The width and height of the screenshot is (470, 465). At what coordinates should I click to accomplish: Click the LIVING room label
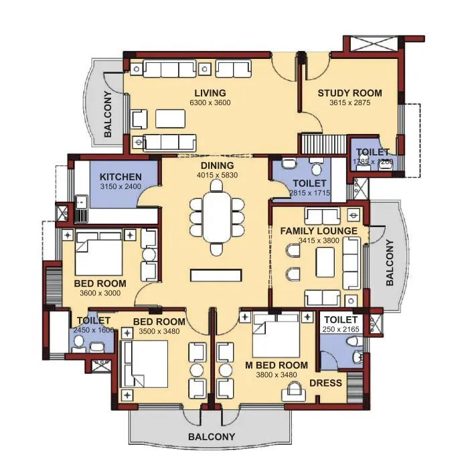coord(210,92)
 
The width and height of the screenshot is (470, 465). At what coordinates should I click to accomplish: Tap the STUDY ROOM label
coord(349,93)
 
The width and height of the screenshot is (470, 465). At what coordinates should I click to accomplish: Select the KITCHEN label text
coord(121,176)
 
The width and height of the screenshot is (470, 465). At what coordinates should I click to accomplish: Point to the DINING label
coord(216,165)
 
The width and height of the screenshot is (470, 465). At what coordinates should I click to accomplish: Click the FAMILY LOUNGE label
coord(319,231)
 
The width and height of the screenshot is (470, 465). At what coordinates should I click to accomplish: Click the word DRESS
coord(325,383)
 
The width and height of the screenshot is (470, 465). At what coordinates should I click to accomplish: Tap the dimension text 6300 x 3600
coord(210,103)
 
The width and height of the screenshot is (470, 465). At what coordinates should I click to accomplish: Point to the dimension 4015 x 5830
coord(216,175)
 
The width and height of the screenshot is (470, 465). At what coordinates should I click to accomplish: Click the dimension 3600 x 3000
coord(100,293)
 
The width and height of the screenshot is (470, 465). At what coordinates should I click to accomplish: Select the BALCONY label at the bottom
coord(211,437)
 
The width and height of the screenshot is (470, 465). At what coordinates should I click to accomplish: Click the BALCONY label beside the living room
coord(108,114)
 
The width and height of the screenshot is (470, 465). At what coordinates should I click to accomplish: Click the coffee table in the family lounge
coord(326,259)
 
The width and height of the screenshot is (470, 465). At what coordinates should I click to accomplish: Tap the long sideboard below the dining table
coord(216,275)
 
